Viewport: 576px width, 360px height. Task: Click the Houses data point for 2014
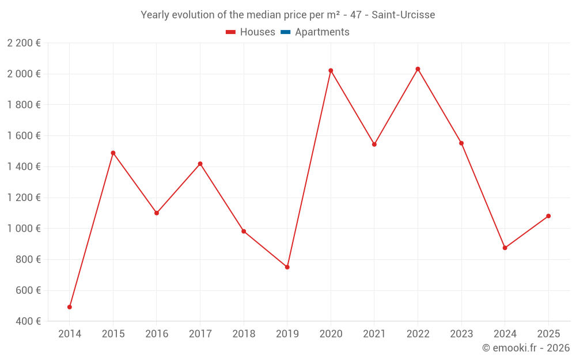coord(70,307)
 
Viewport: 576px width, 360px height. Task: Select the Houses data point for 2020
coord(331,71)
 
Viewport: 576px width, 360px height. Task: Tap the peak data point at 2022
coord(418,69)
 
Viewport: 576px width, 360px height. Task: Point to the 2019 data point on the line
coord(287,267)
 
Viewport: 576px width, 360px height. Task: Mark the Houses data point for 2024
coord(505,248)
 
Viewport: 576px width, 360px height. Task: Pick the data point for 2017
coord(200,164)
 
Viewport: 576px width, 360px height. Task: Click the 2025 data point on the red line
coord(548,216)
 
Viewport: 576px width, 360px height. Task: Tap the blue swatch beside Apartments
coord(285,32)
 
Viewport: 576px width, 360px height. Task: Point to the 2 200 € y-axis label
coord(24,43)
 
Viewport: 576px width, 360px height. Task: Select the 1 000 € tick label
coord(24,229)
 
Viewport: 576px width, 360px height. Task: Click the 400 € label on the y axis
coord(28,321)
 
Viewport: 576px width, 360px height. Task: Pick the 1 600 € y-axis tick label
coord(24,136)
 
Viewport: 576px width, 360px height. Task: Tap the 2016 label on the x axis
coord(157,334)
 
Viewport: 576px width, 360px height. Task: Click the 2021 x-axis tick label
coord(374,334)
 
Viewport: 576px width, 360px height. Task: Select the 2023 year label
coord(461,334)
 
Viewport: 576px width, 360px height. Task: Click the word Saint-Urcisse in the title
coord(403,14)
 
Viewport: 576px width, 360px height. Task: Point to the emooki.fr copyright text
coord(526,348)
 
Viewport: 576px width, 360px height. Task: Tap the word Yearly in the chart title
coord(155,14)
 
